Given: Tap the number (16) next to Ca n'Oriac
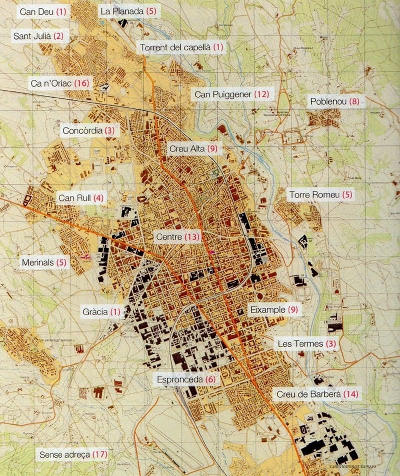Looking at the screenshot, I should coord(82,83).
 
